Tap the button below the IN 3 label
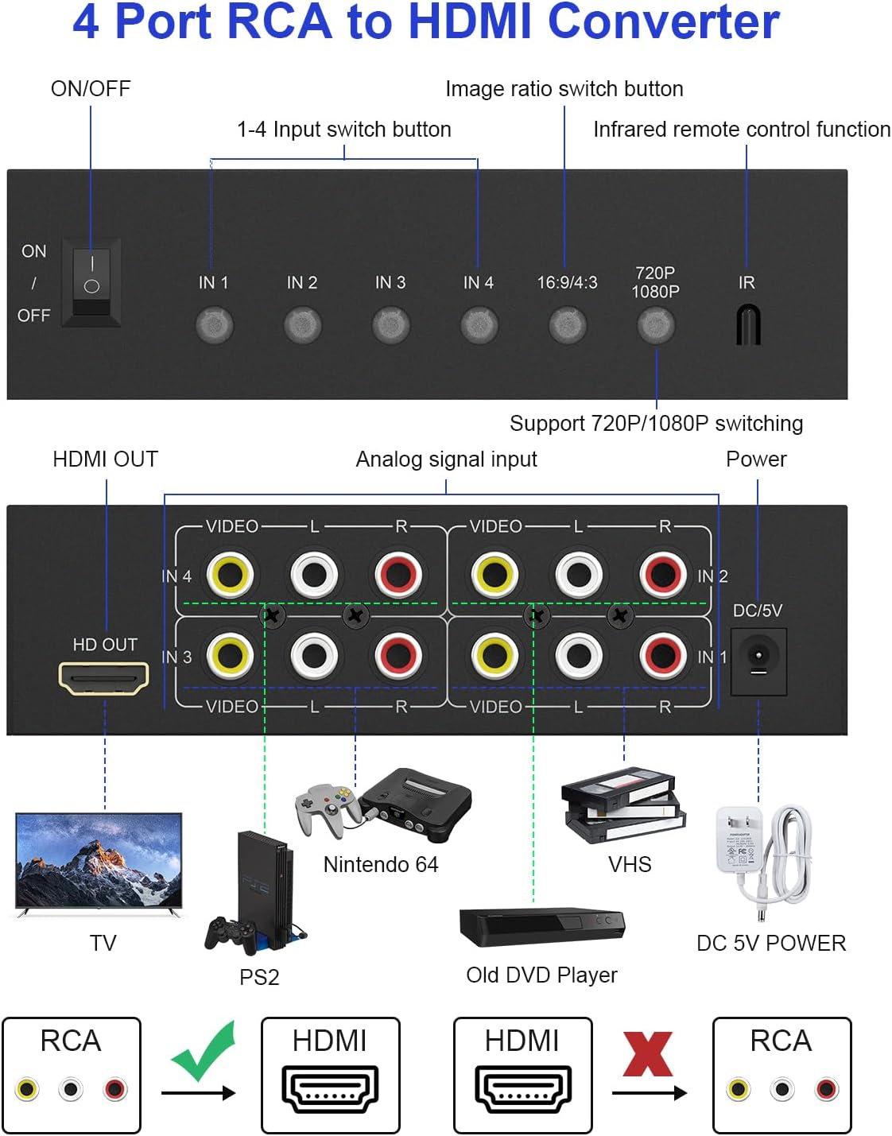point(390,325)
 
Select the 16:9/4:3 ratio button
point(567,325)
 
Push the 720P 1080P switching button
point(655,325)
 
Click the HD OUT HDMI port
point(103,677)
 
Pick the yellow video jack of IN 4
point(231,574)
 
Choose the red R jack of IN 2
point(663,574)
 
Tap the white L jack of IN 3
point(315,655)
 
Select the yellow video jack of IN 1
point(494,655)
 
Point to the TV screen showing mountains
point(99,860)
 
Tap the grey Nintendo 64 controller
point(325,808)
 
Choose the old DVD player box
point(542,926)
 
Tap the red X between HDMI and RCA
point(647,1054)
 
